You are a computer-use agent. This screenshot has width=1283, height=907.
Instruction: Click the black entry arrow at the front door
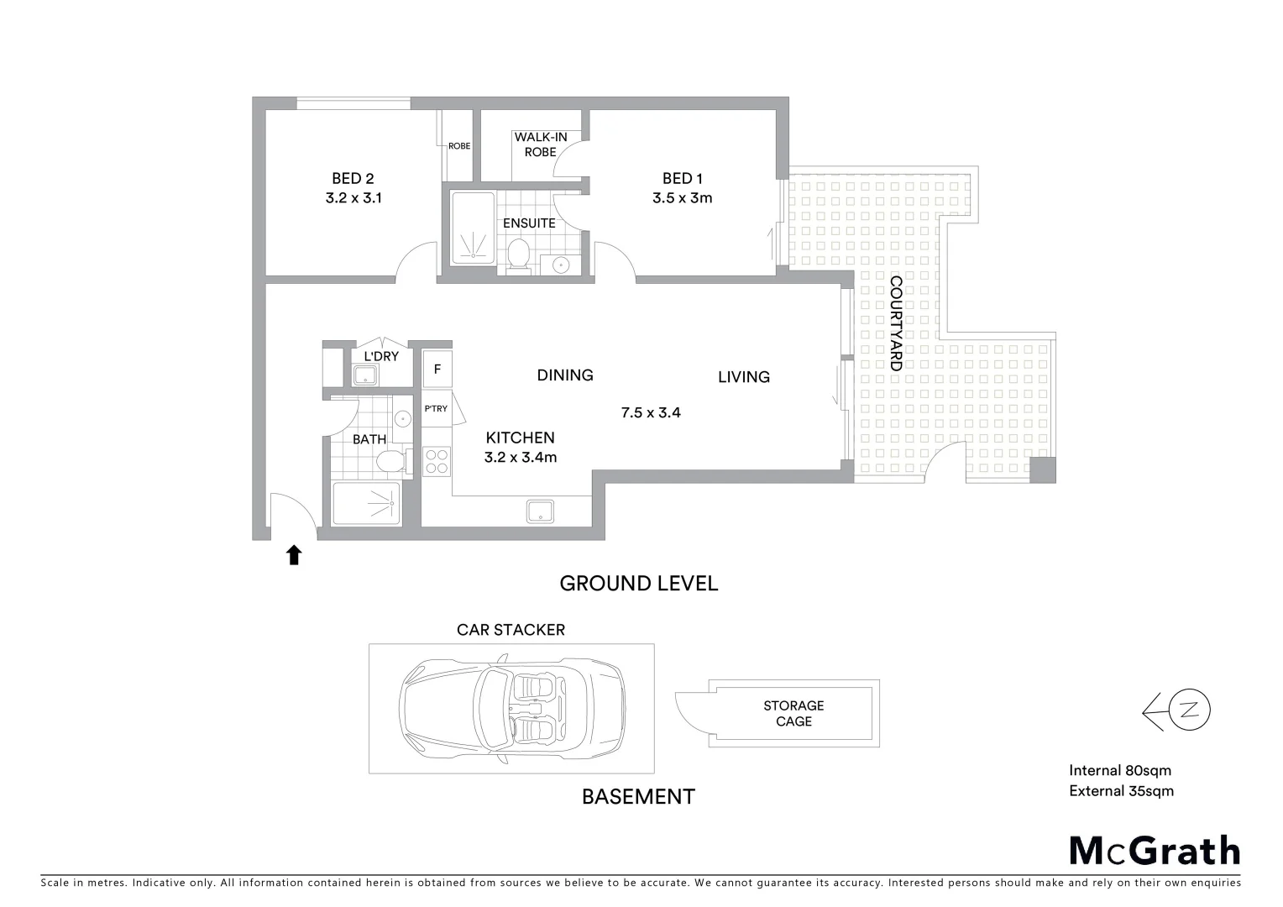click(294, 554)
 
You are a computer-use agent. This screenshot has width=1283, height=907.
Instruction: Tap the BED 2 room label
click(353, 178)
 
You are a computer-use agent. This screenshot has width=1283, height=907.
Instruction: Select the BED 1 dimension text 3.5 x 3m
click(682, 198)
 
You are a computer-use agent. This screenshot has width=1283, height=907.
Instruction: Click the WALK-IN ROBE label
click(541, 144)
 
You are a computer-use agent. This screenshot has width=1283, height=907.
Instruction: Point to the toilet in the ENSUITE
click(519, 254)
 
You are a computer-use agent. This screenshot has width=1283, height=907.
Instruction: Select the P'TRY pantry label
click(436, 409)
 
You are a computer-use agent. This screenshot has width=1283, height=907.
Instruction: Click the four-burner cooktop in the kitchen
click(437, 461)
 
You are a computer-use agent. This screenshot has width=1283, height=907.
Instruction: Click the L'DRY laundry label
click(380, 356)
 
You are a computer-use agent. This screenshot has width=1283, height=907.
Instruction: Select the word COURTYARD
click(896, 323)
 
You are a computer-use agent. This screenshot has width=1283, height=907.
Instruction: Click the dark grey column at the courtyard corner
click(1043, 470)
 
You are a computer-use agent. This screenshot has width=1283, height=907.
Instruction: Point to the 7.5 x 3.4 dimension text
click(650, 412)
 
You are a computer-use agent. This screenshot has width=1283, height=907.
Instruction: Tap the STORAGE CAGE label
click(793, 713)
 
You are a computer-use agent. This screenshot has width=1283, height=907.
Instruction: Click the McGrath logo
click(1155, 851)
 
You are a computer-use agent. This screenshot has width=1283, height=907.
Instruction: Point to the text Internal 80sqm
click(1119, 770)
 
